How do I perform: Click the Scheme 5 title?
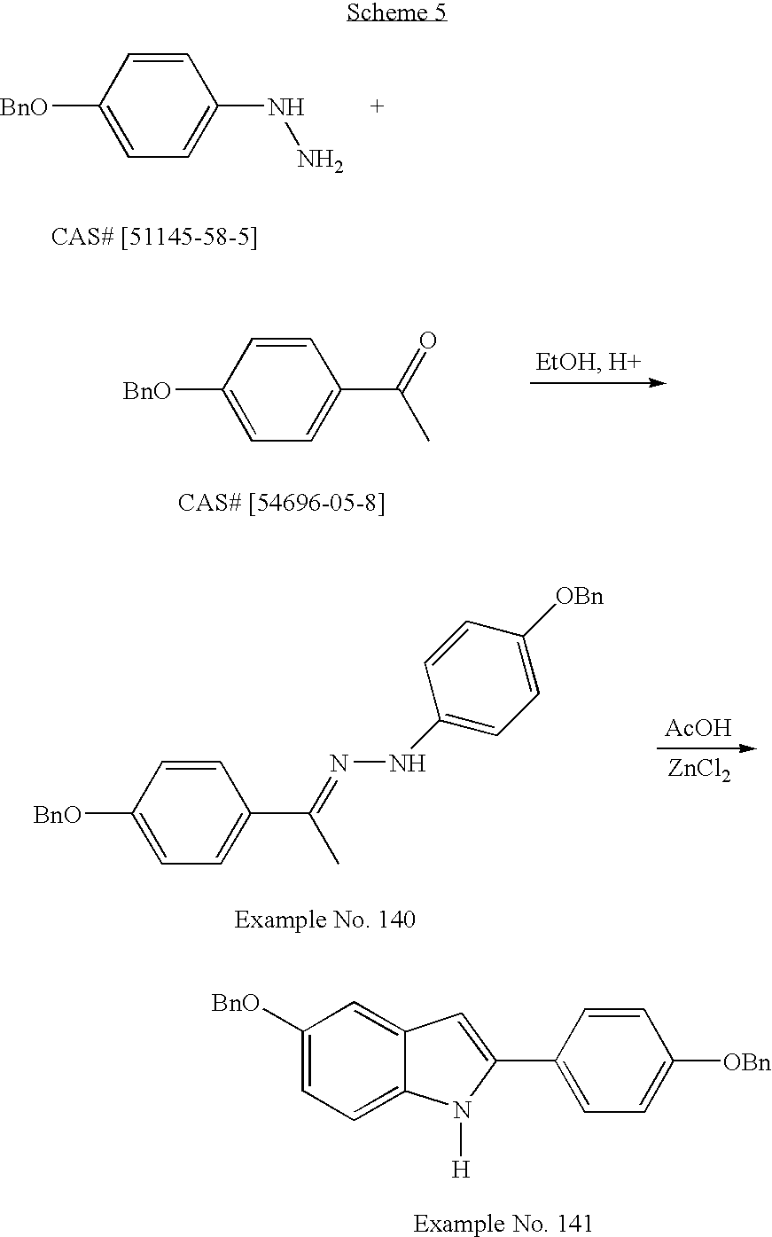point(396,12)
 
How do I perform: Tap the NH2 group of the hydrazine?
point(319,160)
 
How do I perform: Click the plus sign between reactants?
point(378,107)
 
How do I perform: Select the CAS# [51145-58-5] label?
point(154,239)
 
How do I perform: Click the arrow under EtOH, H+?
point(597,383)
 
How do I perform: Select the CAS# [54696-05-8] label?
point(281,503)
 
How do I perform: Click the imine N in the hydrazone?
point(338,763)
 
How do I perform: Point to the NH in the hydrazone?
point(409,763)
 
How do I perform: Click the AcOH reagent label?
point(698,729)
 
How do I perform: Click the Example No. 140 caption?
point(324,920)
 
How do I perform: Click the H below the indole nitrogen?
point(460,1170)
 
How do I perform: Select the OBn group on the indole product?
point(746,1062)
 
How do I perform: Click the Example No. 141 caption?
point(503,1224)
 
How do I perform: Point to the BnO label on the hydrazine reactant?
point(24,107)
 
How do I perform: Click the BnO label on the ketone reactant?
point(146,392)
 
